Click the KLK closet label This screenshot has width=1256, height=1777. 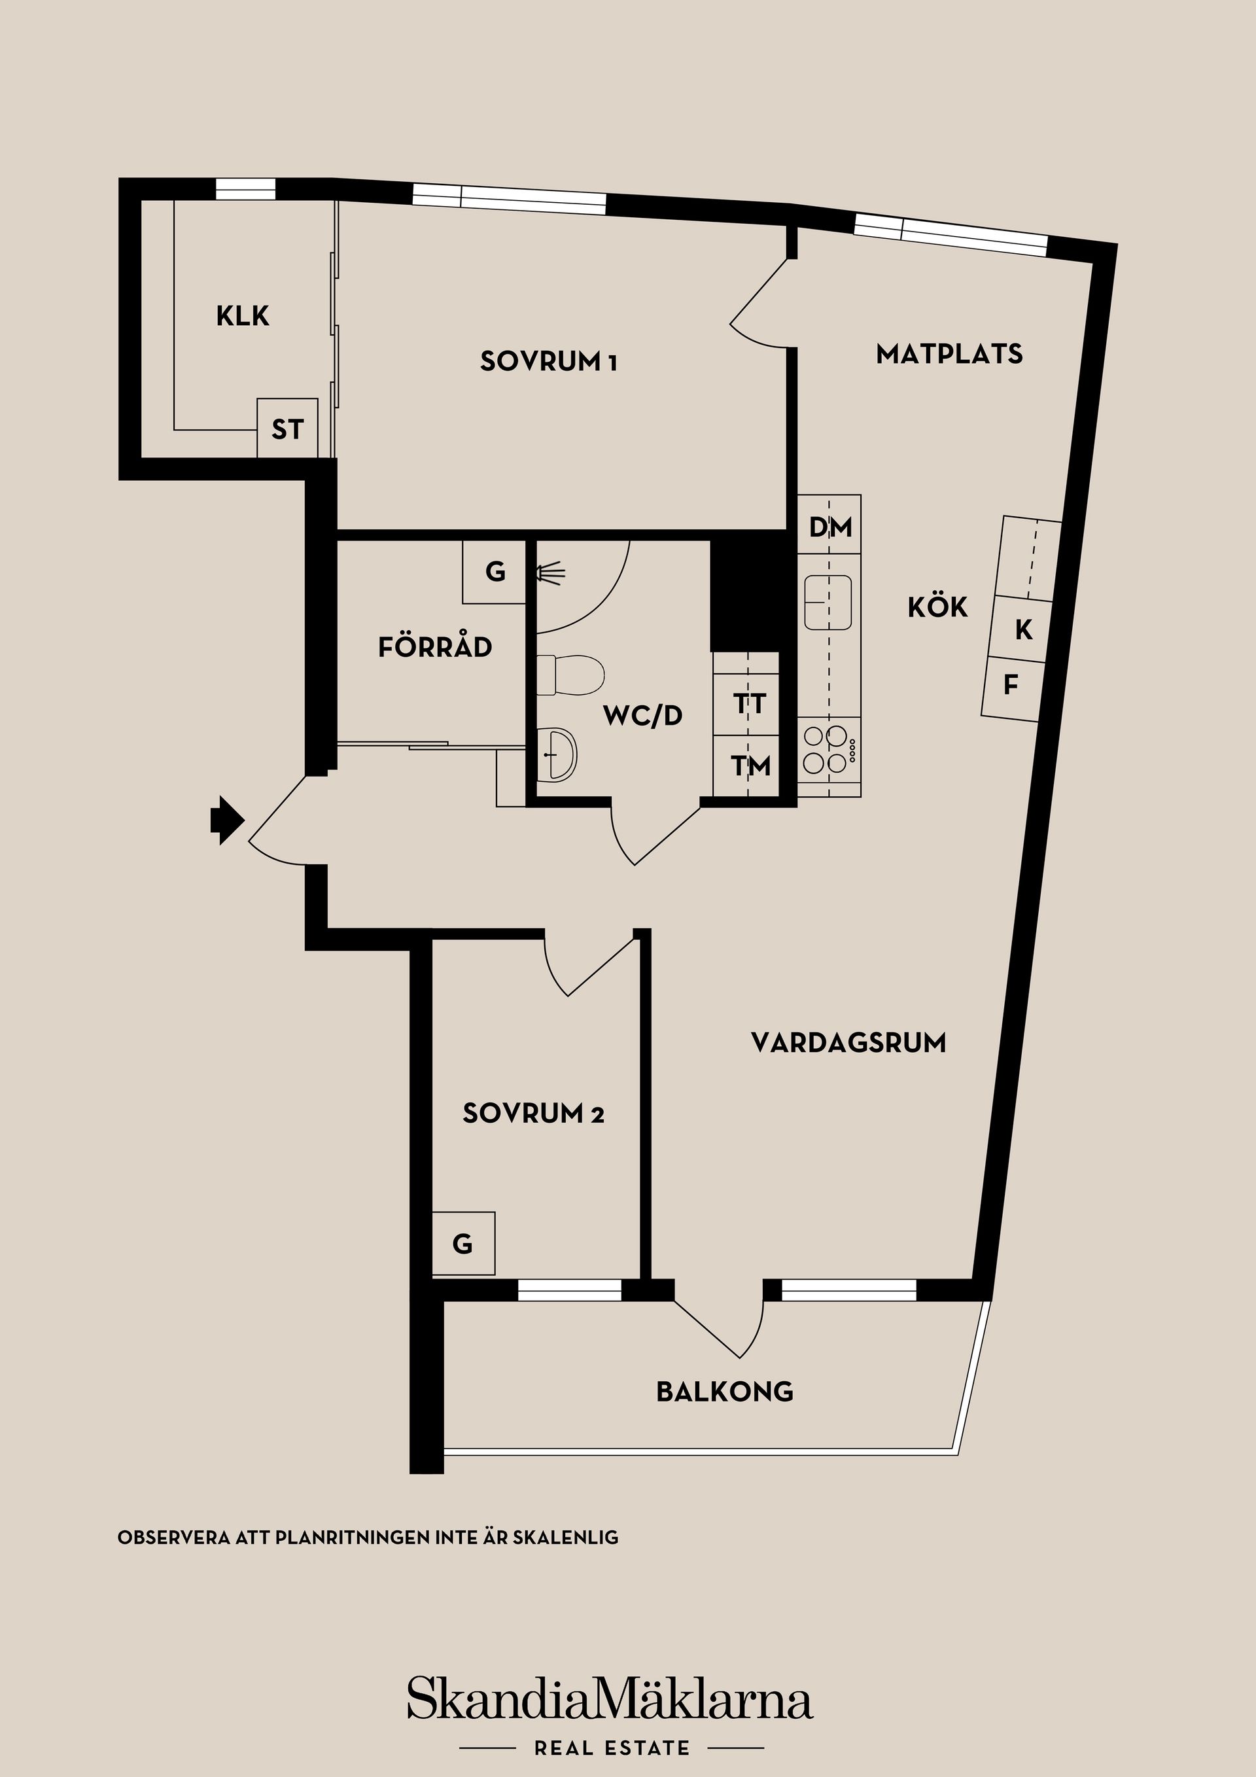tap(242, 316)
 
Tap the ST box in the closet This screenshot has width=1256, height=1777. tap(287, 428)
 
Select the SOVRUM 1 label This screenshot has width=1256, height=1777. tap(548, 361)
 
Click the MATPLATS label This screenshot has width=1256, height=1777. tap(949, 354)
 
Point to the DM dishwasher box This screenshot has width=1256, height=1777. tap(829, 526)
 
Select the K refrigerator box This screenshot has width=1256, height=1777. tap(1022, 629)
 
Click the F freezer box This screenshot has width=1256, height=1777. tap(1011, 684)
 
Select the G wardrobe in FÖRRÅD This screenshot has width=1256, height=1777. tap(495, 572)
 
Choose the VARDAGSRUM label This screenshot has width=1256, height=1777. tap(848, 1042)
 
